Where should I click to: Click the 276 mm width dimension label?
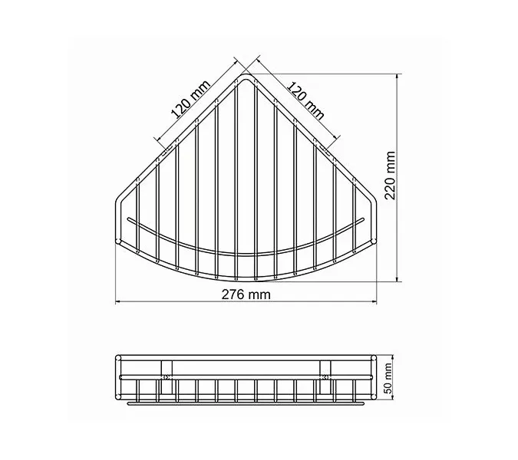[x=246, y=294]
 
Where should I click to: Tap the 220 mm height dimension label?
[x=390, y=176]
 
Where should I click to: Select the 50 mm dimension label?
[x=388, y=378]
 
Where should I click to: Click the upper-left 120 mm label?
[x=190, y=100]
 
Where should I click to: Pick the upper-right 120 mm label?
[x=305, y=100]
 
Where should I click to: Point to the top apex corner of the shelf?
[x=246, y=75]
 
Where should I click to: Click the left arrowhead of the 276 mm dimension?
[x=118, y=301]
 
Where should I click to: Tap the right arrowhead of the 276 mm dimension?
[x=374, y=301]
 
